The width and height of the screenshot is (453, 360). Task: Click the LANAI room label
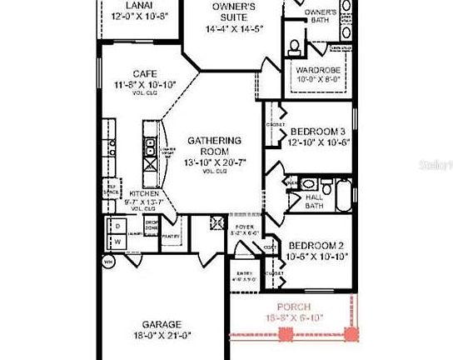pos(139,5)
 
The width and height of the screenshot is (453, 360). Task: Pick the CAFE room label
pos(133,73)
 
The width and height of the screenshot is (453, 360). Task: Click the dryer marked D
pos(117,226)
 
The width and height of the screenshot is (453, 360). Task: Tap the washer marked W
pos(117,242)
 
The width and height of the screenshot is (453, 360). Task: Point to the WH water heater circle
pos(108,262)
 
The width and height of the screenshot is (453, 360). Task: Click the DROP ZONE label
pos(152,225)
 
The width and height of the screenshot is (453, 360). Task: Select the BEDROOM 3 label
pos(318,132)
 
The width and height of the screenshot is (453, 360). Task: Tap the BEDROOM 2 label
pos(317,246)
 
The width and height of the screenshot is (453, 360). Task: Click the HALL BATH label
pos(314,200)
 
